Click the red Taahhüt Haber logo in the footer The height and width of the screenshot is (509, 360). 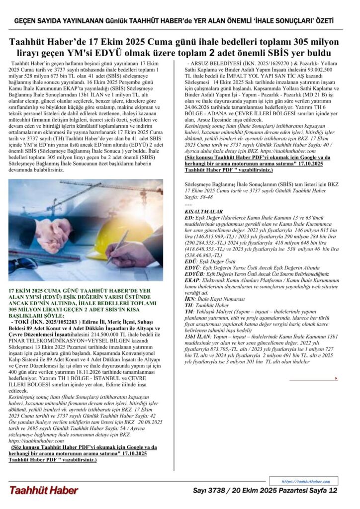click(43, 490)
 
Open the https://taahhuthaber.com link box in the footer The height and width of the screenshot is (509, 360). click(305, 481)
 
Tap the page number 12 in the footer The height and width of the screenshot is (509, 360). click(333, 491)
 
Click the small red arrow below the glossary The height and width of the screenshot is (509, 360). click(336, 364)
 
